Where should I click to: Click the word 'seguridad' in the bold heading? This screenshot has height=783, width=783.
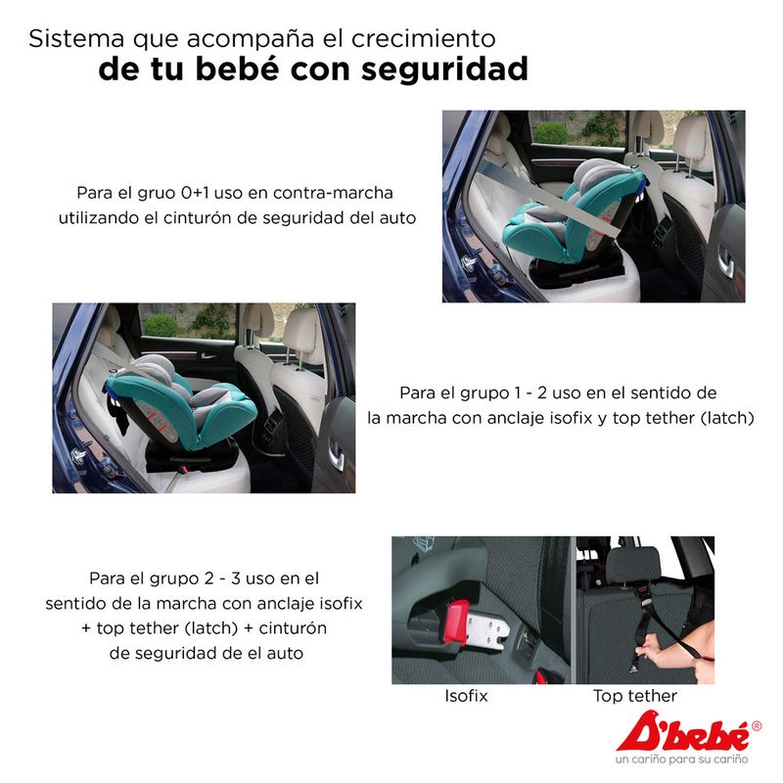[444, 69]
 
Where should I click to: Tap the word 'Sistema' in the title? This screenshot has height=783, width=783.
[76, 38]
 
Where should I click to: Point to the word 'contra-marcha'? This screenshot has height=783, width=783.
[333, 193]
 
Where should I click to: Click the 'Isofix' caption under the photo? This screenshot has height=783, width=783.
[466, 696]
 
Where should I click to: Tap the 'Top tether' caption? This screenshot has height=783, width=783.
[635, 696]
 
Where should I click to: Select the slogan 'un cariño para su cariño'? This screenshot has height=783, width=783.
[681, 760]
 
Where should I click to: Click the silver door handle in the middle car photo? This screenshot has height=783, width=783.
[336, 454]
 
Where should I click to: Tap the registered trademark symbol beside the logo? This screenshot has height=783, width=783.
[756, 726]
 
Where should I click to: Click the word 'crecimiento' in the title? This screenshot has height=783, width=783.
[424, 38]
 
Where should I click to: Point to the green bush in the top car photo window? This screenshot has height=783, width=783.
[551, 133]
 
